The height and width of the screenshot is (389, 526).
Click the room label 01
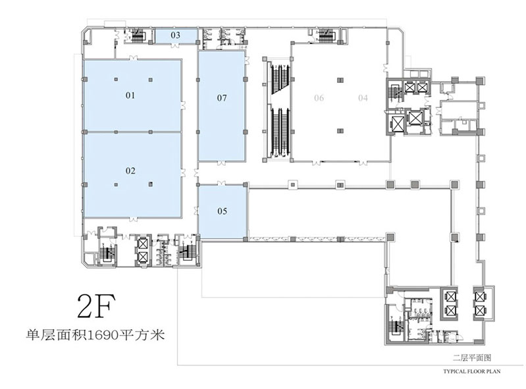pyautogui.click(x=130, y=95)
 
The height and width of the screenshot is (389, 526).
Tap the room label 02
pyautogui.click(x=130, y=171)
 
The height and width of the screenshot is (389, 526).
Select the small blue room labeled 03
pyautogui.click(x=176, y=36)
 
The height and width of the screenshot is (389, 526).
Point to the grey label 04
pyautogui.click(x=363, y=98)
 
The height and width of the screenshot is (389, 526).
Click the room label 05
pyautogui.click(x=222, y=211)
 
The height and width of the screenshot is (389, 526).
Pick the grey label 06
pyautogui.click(x=319, y=98)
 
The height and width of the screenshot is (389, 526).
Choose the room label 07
pyautogui.click(x=222, y=98)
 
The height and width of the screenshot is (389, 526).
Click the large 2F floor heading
pyautogui.click(x=96, y=306)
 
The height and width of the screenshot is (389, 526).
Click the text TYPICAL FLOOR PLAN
pyautogui.click(x=471, y=371)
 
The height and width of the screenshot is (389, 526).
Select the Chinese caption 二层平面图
pyautogui.click(x=471, y=358)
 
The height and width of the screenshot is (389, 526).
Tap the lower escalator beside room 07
pyautogui.click(x=280, y=132)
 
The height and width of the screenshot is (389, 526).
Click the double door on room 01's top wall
pyautogui.click(x=133, y=59)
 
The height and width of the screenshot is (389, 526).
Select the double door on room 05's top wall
pyautogui.click(x=221, y=183)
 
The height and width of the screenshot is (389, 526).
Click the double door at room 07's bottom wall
pyautogui.click(x=221, y=163)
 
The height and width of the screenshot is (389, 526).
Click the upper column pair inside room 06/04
pyautogui.click(x=340, y=80)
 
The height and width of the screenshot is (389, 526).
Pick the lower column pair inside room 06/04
pyautogui.click(x=340, y=131)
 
